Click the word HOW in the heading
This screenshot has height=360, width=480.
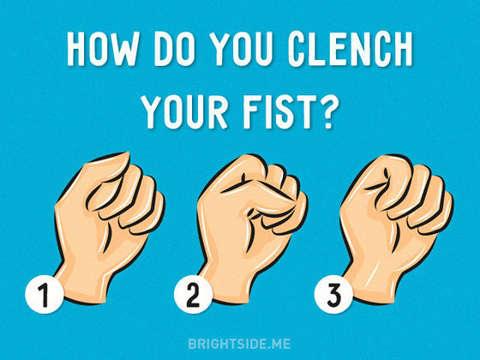pos(102,49)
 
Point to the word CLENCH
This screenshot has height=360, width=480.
pos(351,49)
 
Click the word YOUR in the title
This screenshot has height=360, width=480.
pos(185,111)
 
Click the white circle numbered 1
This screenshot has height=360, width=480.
pos(45,295)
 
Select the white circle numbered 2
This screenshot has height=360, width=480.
pos(193,295)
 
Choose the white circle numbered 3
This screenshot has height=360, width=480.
pos(333,295)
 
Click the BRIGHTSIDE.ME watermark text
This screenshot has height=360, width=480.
pos(239,344)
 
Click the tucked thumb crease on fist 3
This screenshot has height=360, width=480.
pos(380,181)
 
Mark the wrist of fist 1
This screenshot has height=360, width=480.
pos(82,285)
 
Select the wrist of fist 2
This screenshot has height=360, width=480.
pos(226,285)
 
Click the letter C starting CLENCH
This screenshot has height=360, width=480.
pos(297,49)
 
